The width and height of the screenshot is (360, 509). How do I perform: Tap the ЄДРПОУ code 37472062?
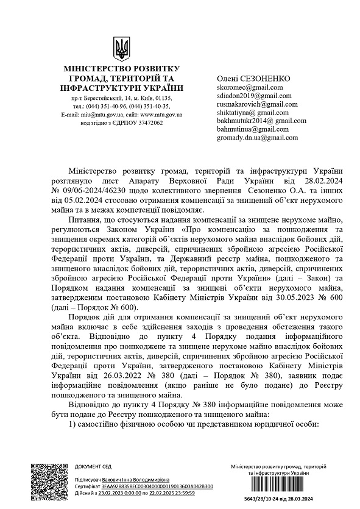144,123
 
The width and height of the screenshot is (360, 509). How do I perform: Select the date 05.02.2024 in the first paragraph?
77,199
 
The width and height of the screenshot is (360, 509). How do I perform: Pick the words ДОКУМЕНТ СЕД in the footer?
93,466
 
